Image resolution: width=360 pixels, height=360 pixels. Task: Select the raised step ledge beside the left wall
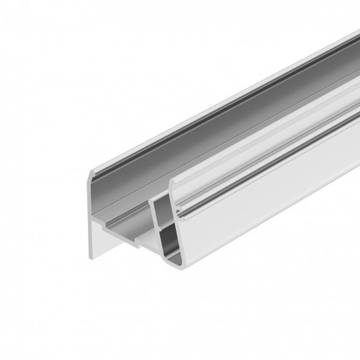pyautogui.click(x=113, y=223)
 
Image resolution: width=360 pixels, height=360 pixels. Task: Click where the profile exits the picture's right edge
pyautogui.click(x=357, y=137)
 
